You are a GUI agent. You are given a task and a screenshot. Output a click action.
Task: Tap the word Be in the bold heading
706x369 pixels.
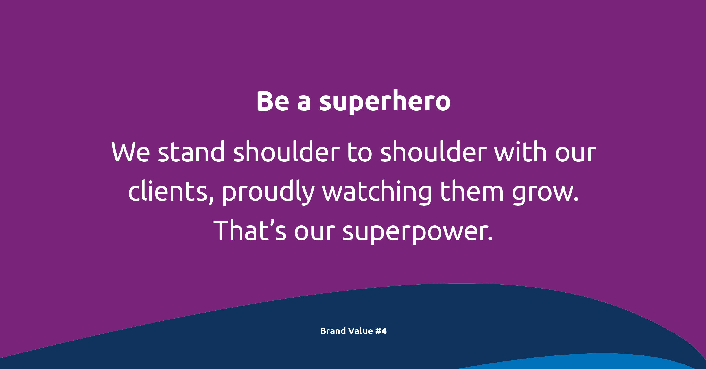(x=273, y=101)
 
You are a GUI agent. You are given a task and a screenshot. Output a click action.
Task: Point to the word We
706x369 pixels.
(x=130, y=152)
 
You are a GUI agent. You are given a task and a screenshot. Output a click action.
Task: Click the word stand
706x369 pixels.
(x=191, y=151)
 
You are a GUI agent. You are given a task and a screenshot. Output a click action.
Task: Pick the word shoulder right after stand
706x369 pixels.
(x=287, y=151)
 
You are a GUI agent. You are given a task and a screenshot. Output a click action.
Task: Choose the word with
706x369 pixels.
(x=521, y=151)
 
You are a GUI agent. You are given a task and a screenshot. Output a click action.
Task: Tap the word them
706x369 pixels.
(x=472, y=191)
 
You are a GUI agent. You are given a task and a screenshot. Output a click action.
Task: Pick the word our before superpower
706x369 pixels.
(x=314, y=233)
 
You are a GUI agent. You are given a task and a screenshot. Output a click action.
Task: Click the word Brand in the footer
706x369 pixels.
(x=333, y=331)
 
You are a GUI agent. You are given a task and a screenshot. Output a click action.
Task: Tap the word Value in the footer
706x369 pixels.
(x=360, y=331)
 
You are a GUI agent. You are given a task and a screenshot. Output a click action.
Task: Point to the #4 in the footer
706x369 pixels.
(x=381, y=331)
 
